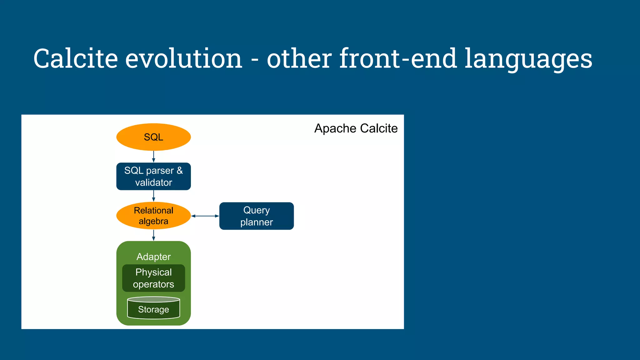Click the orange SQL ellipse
(153, 137)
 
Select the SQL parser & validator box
(153, 176)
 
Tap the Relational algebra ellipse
(153, 216)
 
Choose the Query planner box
(256, 216)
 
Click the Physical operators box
(153, 278)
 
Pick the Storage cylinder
(153, 309)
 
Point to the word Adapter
(153, 257)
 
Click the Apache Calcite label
(356, 128)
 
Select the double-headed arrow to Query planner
(205, 216)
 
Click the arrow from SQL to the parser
(153, 157)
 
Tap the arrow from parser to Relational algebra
(153, 196)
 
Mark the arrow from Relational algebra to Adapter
(153, 235)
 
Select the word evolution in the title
(184, 58)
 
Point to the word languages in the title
(528, 59)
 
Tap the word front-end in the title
(398, 58)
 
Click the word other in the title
(299, 58)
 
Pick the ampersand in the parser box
(180, 170)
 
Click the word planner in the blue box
(256, 222)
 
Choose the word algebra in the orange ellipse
(153, 221)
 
